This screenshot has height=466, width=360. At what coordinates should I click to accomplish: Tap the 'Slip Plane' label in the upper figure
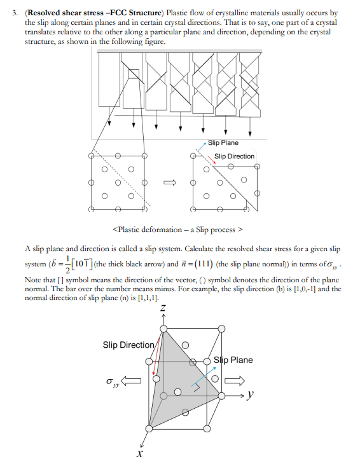(223, 143)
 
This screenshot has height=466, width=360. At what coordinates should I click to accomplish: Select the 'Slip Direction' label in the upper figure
(234, 156)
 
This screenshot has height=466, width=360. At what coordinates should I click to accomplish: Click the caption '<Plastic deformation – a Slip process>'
(179, 229)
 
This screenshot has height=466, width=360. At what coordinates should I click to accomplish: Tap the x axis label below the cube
(139, 455)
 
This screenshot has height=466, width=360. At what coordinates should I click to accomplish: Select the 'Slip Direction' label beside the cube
(128, 345)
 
